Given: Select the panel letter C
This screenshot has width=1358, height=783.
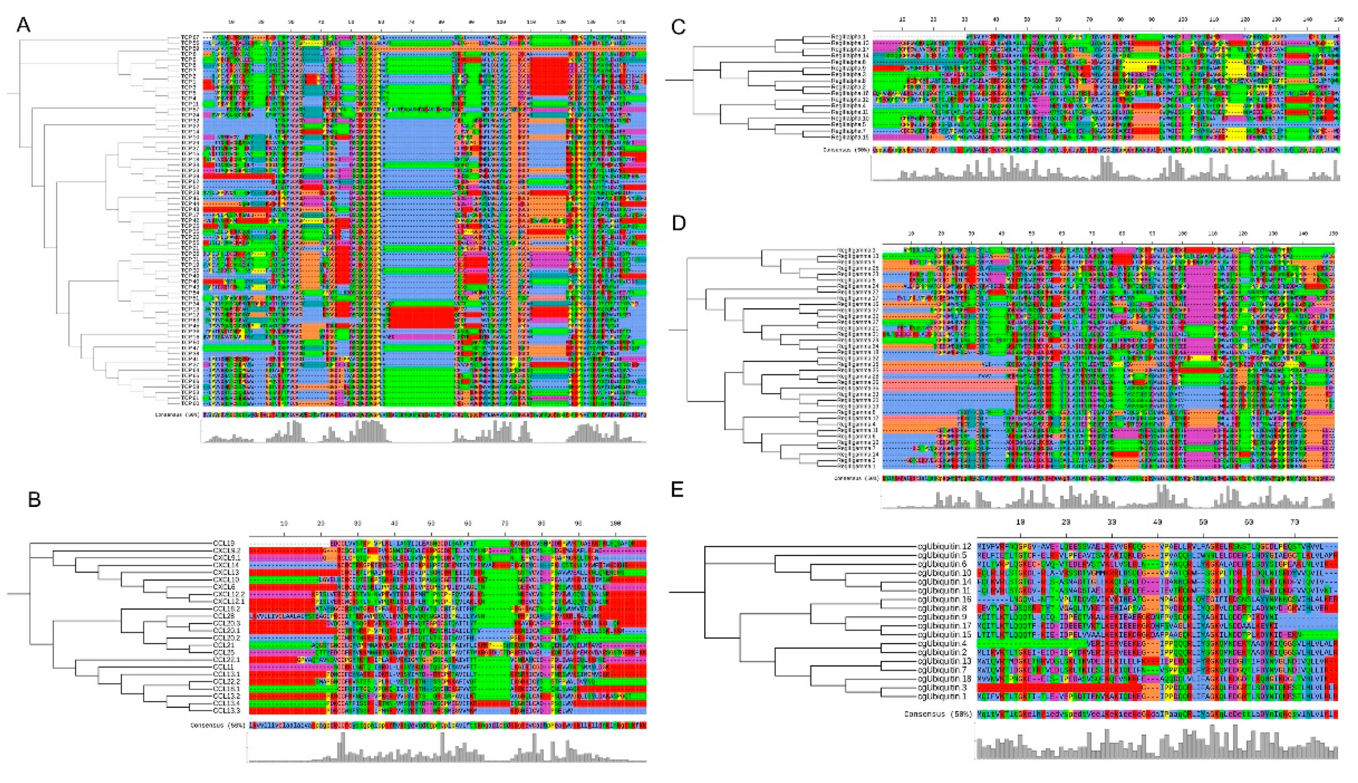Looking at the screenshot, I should [679, 26].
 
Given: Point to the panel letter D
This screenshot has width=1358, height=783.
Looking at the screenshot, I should [679, 223].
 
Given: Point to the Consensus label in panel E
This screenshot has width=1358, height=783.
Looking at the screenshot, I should [938, 714].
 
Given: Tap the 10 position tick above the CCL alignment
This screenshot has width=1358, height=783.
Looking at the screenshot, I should [284, 523].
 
